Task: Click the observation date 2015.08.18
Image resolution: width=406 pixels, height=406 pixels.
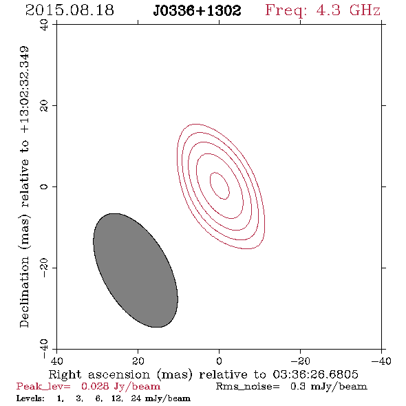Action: click(x=70, y=10)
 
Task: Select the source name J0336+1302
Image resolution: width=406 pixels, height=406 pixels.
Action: click(x=197, y=10)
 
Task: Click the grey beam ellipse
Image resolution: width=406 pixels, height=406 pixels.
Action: click(x=136, y=270)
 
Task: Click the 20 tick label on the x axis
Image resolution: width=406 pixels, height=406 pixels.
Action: click(x=138, y=361)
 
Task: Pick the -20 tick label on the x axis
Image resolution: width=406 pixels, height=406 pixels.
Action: click(x=300, y=361)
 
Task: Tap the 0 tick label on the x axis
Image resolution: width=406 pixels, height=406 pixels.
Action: click(x=219, y=361)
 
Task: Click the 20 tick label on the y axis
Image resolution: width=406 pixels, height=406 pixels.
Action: click(x=44, y=106)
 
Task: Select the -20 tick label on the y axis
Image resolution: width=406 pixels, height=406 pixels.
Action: click(x=44, y=268)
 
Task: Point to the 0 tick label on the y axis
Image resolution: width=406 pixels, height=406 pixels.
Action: click(x=44, y=186)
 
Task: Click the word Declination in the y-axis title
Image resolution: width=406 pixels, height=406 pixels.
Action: click(x=24, y=292)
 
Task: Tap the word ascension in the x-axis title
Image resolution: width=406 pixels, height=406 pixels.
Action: click(x=119, y=374)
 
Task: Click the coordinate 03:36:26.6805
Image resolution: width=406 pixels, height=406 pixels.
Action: click(x=315, y=374)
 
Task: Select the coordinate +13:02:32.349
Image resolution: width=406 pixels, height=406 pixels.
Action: click(x=24, y=90)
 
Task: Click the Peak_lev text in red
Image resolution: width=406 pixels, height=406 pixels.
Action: click(x=43, y=387)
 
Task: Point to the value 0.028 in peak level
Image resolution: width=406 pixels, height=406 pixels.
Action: click(x=95, y=386)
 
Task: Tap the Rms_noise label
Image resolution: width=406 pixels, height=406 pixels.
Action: click(x=248, y=387)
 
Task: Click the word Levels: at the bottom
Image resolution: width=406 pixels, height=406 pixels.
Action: click(x=30, y=398)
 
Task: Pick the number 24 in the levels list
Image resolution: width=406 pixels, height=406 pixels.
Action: click(x=136, y=398)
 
